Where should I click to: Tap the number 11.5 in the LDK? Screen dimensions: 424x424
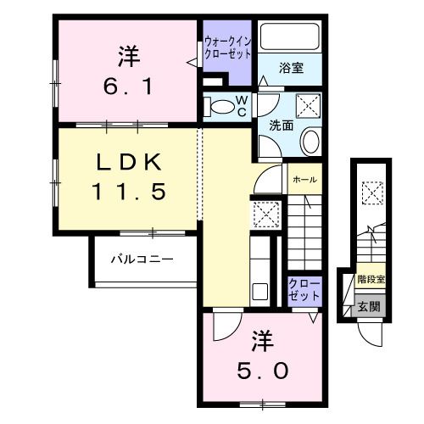[x=128, y=192]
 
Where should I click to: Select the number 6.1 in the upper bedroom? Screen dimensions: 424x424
[x=128, y=86]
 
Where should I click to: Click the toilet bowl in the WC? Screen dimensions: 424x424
[x=222, y=108]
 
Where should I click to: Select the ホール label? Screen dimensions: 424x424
[x=304, y=180]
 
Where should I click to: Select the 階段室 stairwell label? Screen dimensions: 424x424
[x=371, y=277]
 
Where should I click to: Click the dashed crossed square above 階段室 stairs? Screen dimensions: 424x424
[x=371, y=192]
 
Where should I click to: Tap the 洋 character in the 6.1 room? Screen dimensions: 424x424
[x=128, y=59]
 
